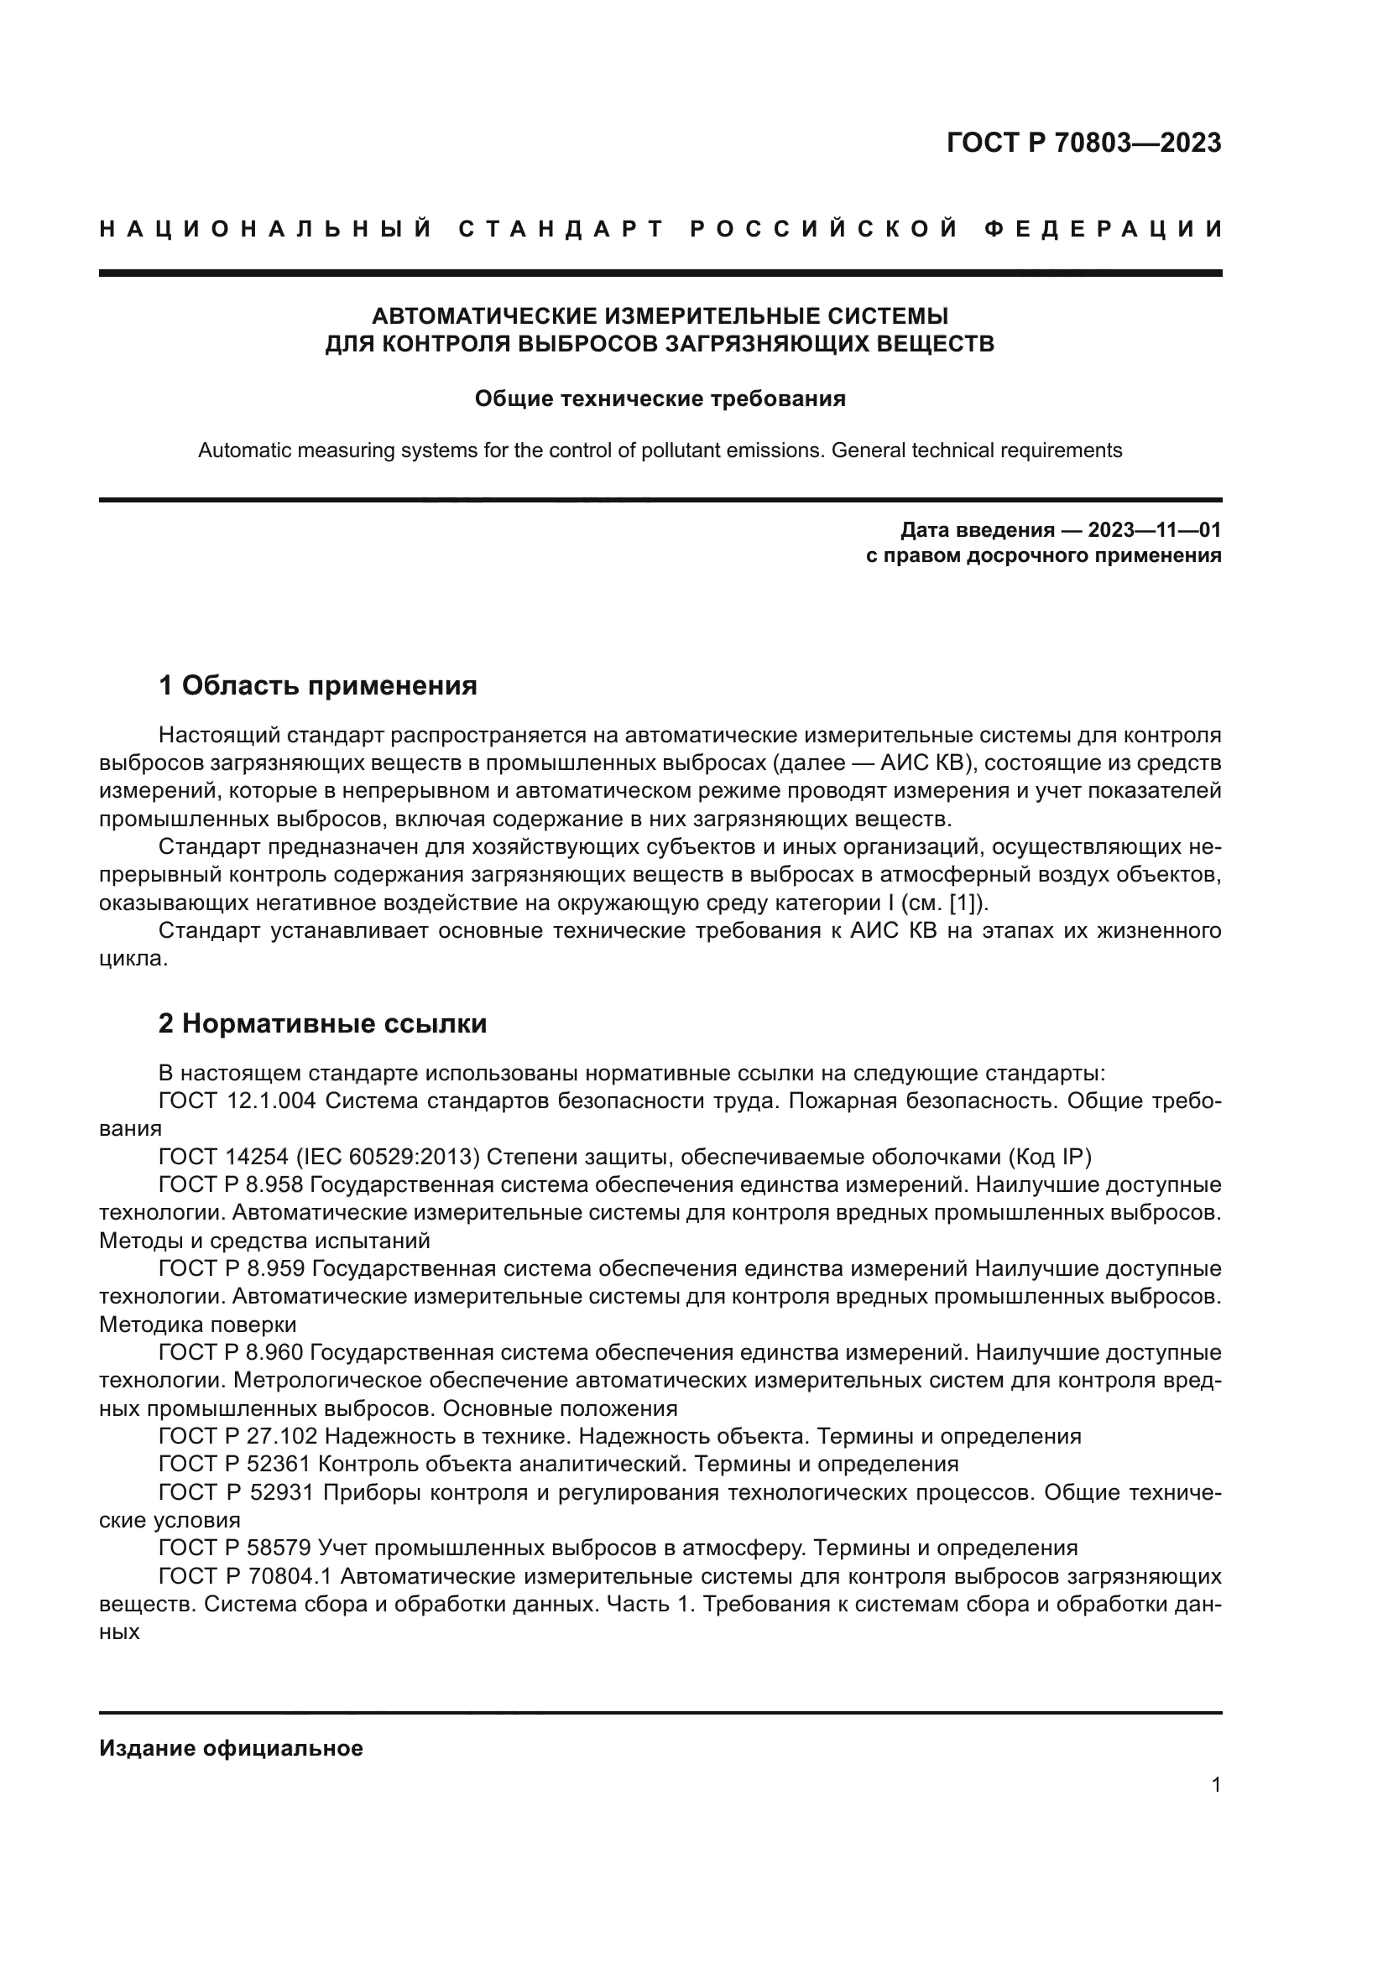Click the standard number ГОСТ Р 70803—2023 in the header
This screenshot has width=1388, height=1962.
[x=1083, y=143]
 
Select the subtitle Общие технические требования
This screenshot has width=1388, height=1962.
[x=660, y=399]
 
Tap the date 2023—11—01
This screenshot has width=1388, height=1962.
[x=1154, y=530]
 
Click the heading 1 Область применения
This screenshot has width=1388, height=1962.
[x=318, y=685]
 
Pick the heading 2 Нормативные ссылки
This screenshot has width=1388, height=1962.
[x=322, y=1023]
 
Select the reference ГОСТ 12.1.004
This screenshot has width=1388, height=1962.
[x=237, y=1101]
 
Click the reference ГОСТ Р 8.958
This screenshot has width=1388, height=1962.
[x=231, y=1185]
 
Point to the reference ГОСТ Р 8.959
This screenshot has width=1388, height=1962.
[x=231, y=1269]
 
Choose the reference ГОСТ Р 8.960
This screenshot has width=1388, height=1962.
[x=231, y=1353]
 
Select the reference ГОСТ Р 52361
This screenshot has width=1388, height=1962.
[x=235, y=1465]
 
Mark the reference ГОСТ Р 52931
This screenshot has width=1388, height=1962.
[x=235, y=1493]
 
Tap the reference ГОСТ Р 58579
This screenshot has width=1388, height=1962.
[x=235, y=1548]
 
